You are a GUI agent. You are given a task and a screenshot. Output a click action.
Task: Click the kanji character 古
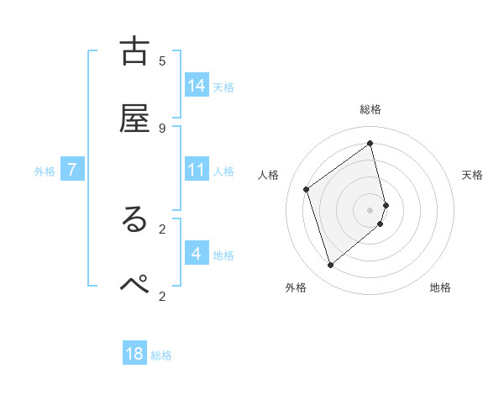click(x=134, y=52)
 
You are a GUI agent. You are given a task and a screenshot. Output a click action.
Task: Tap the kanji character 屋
click(x=134, y=118)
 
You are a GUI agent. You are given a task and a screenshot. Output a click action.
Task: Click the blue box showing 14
click(x=197, y=86)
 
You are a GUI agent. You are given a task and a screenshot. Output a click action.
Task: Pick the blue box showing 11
click(x=197, y=170)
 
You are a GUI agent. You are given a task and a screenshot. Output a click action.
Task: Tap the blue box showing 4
click(x=197, y=253)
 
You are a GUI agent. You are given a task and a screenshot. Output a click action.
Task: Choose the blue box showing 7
click(x=72, y=170)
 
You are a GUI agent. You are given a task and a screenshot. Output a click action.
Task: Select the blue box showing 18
click(x=134, y=354)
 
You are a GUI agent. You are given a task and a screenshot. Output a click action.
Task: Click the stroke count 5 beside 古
click(x=162, y=61)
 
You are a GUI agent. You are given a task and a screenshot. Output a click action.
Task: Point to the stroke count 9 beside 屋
click(x=162, y=128)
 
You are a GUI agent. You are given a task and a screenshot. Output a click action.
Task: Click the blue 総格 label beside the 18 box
click(x=161, y=355)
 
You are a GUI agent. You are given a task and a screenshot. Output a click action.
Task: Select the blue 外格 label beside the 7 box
click(x=45, y=171)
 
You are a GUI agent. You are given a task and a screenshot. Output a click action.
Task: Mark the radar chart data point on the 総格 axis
click(x=370, y=143)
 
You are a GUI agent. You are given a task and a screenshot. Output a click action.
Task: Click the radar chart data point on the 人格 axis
click(x=307, y=189)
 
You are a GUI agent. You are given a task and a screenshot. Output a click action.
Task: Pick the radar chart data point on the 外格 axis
click(x=330, y=266)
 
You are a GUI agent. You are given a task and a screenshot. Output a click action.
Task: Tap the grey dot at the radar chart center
click(x=370, y=209)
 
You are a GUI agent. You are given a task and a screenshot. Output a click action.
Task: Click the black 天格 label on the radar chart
click(x=472, y=175)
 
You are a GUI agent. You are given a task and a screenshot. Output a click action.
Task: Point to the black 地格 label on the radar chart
click(x=440, y=288)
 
